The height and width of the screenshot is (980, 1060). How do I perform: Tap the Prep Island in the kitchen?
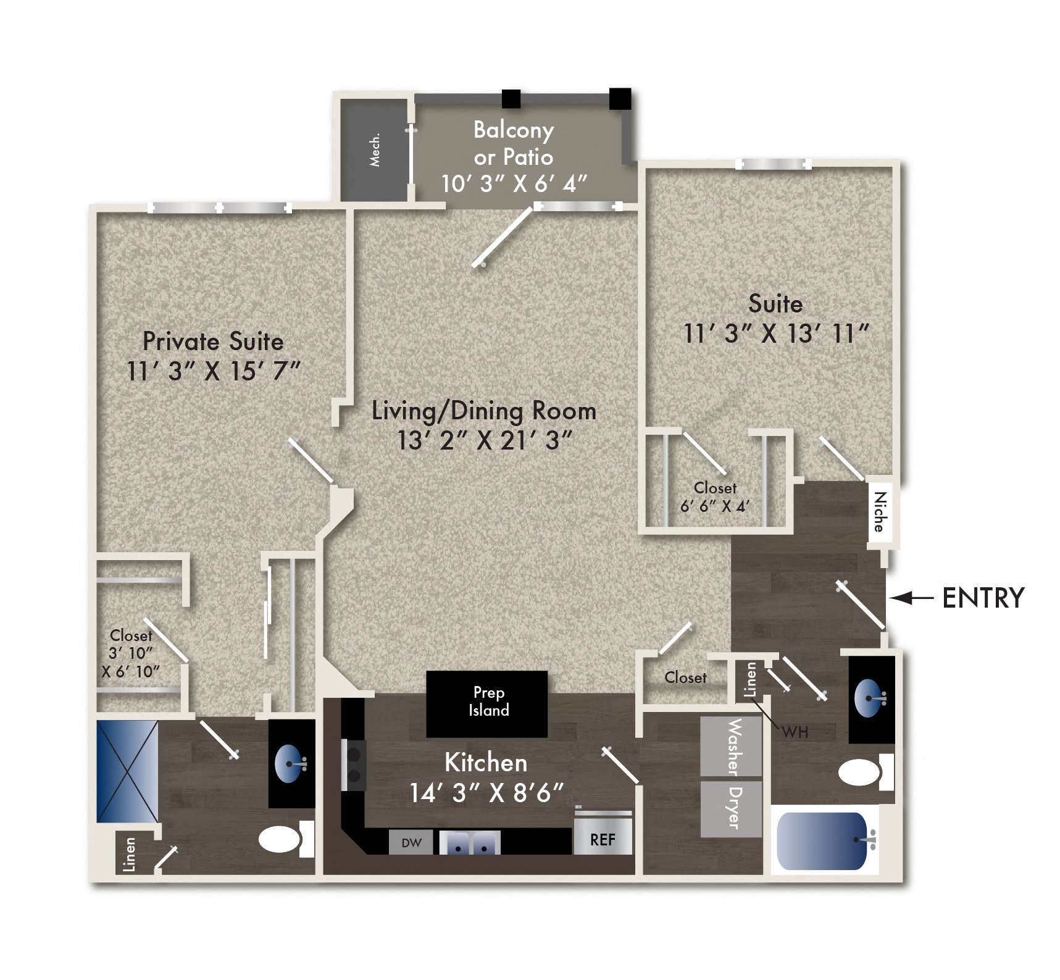point(487,703)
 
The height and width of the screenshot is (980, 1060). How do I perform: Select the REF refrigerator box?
point(603,838)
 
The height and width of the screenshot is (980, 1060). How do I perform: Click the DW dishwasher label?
point(411,842)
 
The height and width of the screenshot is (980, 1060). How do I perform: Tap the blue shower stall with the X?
point(128,771)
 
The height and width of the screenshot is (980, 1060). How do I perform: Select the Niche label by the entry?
point(880,512)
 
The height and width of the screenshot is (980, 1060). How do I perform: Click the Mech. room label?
point(375,150)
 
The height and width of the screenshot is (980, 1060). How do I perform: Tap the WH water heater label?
point(795,732)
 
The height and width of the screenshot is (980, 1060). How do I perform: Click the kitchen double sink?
point(470,843)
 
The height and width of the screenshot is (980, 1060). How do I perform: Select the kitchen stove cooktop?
point(354,765)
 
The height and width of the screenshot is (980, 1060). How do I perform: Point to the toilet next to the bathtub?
point(861,772)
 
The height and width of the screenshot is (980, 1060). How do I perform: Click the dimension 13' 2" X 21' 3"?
point(485,441)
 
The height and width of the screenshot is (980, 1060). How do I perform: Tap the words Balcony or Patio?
point(514,143)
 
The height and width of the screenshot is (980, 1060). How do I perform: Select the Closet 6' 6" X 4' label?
point(715,497)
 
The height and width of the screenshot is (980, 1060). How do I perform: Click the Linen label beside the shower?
point(130,853)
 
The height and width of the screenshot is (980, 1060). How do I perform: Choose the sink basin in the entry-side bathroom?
point(868,698)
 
